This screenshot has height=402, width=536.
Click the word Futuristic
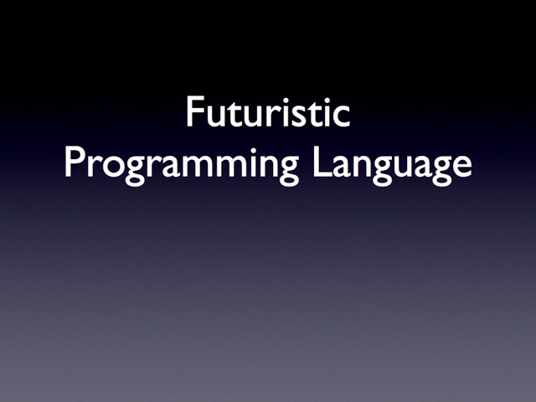[x=268, y=111]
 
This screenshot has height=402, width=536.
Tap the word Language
[x=392, y=166]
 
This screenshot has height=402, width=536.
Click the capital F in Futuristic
[x=195, y=111]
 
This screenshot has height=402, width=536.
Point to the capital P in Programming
[x=75, y=162]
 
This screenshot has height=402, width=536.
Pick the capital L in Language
[x=321, y=162]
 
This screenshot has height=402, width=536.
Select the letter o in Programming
[x=113, y=166]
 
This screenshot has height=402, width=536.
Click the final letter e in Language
[x=461, y=166]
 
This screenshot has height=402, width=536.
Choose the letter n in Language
[x=363, y=166]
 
